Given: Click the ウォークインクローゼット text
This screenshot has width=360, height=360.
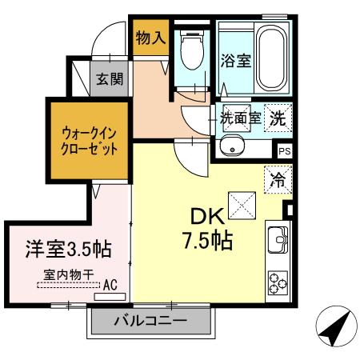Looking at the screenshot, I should pos(90,140).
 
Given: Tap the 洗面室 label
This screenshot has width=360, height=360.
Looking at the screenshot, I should pos(240,116).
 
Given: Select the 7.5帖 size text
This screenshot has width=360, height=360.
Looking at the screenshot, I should pos(210,240).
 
